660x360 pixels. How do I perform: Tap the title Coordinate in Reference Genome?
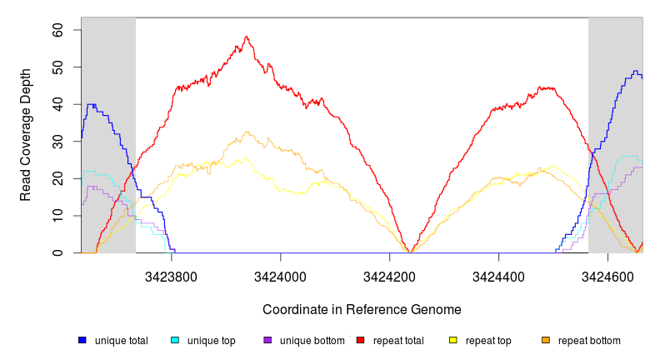(x=362, y=309)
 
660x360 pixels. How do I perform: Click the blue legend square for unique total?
(x=82, y=341)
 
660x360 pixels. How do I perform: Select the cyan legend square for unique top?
(x=175, y=341)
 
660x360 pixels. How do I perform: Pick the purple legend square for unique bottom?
(x=267, y=341)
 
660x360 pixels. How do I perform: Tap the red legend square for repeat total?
(x=360, y=341)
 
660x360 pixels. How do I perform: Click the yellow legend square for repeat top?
(x=453, y=341)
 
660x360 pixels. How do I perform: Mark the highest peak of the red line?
(x=247, y=37)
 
